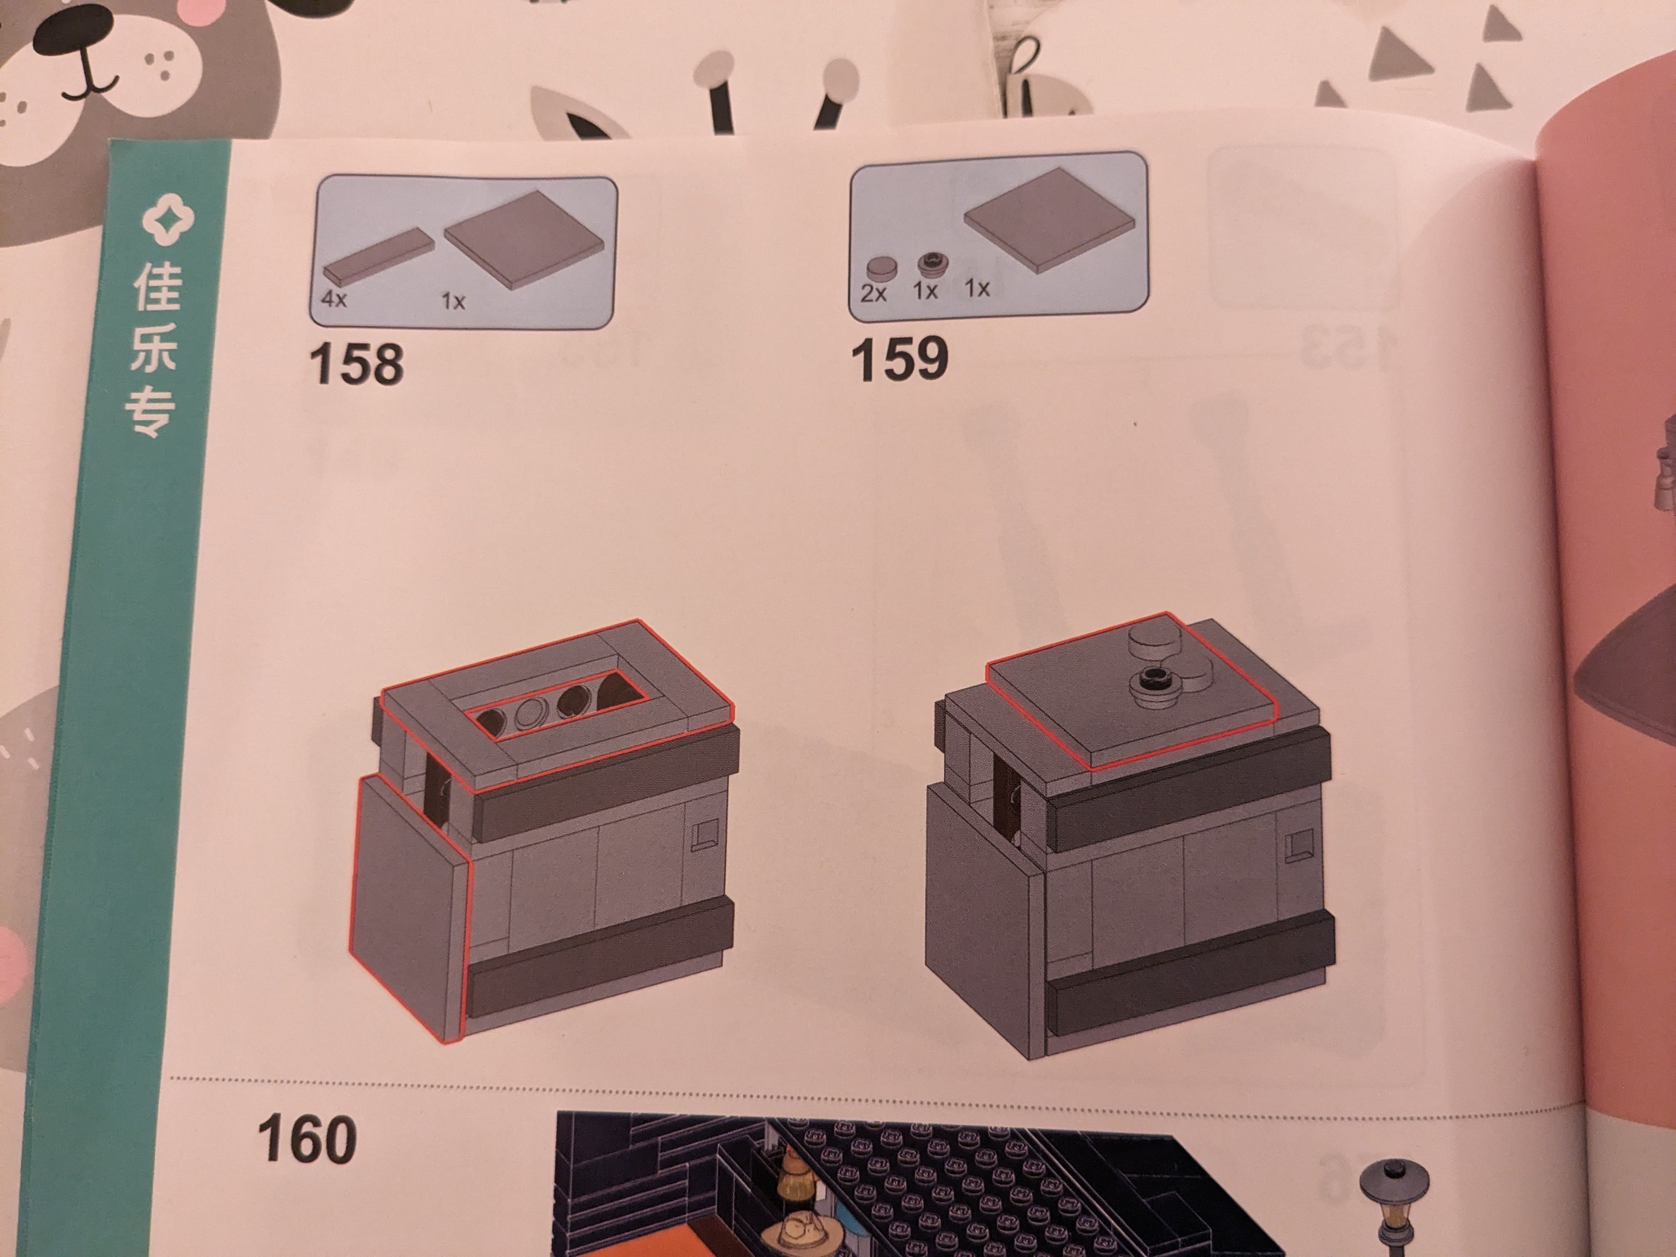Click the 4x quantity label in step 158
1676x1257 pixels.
[333, 298]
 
